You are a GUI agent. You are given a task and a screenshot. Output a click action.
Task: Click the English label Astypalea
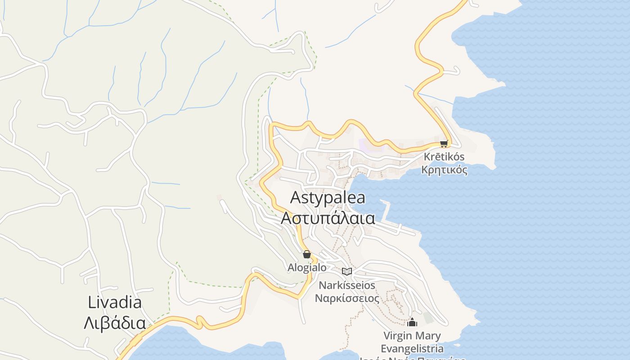coord(328,198)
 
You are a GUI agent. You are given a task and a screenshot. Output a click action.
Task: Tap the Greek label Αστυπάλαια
coord(328,218)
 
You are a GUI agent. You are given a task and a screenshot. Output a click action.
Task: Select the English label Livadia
coord(115,302)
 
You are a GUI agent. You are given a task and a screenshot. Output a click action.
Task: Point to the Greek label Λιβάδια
coord(115,323)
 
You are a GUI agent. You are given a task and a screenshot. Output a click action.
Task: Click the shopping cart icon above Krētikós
coord(444,144)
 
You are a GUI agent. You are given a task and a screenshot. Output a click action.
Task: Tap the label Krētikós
coord(444,157)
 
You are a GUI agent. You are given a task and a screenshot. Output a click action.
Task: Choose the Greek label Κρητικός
coord(444,170)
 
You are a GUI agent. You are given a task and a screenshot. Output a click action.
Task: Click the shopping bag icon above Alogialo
coord(307,254)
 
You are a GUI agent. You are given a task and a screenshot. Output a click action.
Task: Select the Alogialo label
coord(307,267)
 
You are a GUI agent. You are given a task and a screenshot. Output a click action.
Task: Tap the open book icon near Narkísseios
coord(346,271)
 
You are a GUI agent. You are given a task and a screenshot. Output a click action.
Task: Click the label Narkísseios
coord(346,285)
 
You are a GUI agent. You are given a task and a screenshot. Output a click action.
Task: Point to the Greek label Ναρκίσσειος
coord(346,298)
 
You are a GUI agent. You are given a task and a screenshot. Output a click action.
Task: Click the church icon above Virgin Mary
coord(412,322)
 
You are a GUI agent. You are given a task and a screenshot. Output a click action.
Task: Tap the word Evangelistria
coord(412,348)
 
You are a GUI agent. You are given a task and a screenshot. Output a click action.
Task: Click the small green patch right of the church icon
coord(428,318)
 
